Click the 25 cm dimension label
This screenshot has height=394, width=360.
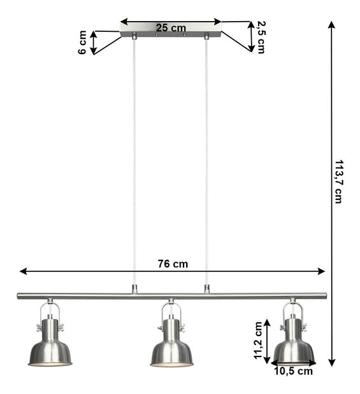[x=171, y=27]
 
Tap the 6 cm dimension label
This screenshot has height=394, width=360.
[x=83, y=43]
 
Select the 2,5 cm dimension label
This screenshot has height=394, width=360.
[x=260, y=38]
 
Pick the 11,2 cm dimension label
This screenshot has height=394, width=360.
[x=258, y=342]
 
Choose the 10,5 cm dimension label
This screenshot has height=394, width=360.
[x=294, y=371]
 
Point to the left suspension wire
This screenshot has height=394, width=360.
[x=134, y=159]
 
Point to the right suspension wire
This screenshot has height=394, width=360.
[x=206, y=159]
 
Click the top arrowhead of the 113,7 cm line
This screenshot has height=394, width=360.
[x=331, y=25]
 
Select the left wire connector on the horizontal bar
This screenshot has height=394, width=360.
[x=134, y=289]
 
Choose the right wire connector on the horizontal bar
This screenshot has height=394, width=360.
[x=206, y=289]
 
